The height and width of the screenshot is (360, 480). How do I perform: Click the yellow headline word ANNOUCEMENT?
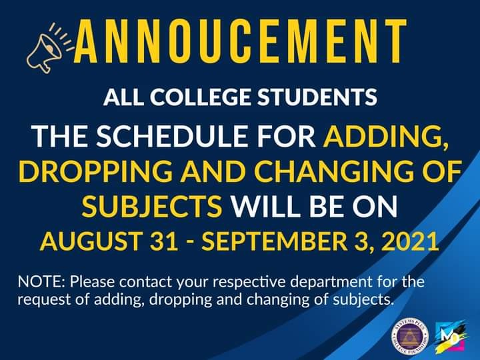(241, 41)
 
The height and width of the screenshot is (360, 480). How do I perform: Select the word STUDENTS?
(317, 97)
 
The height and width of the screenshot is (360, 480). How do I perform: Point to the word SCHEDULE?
(172, 135)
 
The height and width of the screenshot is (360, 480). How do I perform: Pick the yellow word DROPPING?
(95, 170)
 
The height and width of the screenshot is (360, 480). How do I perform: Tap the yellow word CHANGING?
(335, 170)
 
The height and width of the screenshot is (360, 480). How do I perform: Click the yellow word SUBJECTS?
(152, 205)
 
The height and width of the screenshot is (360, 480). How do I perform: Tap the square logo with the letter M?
(451, 336)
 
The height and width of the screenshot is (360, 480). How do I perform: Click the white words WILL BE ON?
(314, 205)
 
